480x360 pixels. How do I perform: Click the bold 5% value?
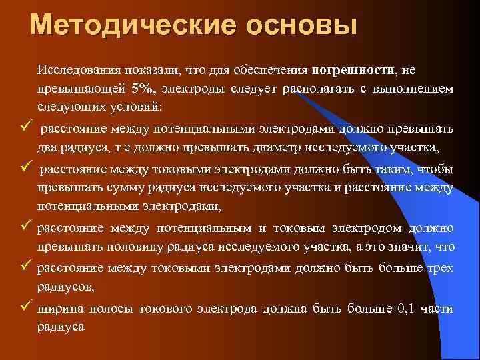point(143,88)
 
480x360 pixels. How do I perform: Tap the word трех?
point(438,268)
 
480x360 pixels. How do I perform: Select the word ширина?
point(58,309)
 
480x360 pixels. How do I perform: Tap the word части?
point(439,309)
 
